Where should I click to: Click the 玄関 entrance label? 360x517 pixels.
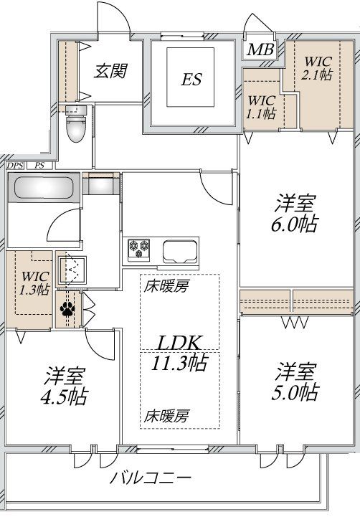coord(111,72)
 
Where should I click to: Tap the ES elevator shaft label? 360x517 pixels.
coord(190,79)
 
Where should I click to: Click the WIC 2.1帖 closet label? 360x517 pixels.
coord(316,67)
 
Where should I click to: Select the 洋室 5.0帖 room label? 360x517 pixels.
coord(295,382)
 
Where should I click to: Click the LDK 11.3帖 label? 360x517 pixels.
coord(179,352)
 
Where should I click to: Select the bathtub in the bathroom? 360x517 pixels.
coord(44,189)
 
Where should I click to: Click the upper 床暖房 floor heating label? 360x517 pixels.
coord(166,287)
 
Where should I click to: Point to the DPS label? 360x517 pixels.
coord(14,166)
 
